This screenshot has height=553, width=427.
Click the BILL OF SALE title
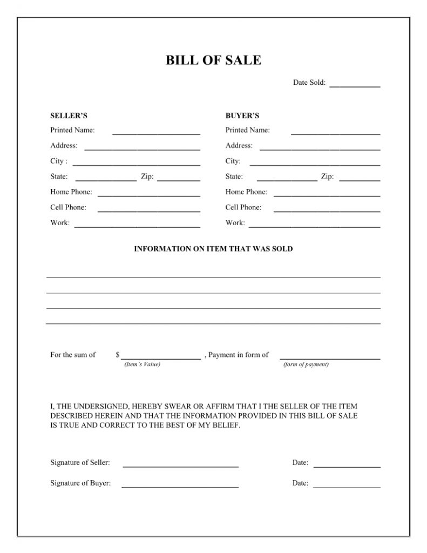point(213,60)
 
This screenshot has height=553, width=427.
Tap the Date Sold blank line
point(355,86)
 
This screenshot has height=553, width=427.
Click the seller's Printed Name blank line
point(156,133)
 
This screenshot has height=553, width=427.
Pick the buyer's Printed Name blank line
point(335,133)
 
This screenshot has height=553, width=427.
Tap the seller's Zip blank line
point(179,179)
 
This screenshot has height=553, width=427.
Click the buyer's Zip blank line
point(360,179)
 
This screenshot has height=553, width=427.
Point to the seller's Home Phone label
point(71,192)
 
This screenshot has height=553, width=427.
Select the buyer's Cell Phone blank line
point(327,211)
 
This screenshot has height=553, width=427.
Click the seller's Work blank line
point(137,226)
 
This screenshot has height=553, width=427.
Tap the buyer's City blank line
point(315,164)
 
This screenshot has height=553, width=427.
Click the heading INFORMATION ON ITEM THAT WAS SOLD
point(213,249)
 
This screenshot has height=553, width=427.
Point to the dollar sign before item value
point(118,355)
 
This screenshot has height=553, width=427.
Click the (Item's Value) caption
point(143,364)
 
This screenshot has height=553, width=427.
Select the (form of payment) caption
point(306,364)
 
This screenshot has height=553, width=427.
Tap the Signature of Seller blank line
point(181,466)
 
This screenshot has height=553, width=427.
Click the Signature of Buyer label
point(80,483)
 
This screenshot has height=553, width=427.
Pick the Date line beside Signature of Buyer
point(347,487)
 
